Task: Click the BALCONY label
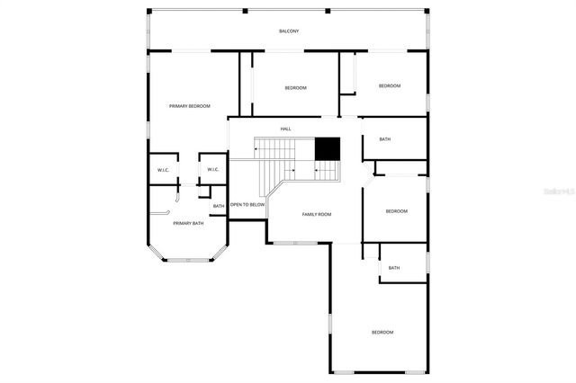point(288,31)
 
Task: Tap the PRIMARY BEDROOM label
point(189,106)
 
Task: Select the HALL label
point(285,129)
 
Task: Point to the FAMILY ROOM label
point(317,214)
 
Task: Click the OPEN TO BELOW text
point(247,205)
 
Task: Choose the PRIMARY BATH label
point(188,223)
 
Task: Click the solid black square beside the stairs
point(327,148)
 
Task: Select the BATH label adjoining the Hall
point(385,139)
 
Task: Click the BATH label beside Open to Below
point(219,207)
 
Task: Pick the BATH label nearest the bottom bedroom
point(394,267)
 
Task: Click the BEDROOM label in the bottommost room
point(382,333)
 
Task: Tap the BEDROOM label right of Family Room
point(396,211)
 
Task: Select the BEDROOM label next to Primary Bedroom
point(295,87)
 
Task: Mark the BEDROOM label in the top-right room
point(389,85)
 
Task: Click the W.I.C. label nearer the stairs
point(213,169)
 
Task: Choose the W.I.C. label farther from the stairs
point(164,169)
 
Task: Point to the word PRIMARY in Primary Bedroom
point(178,106)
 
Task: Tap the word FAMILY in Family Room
point(310,214)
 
